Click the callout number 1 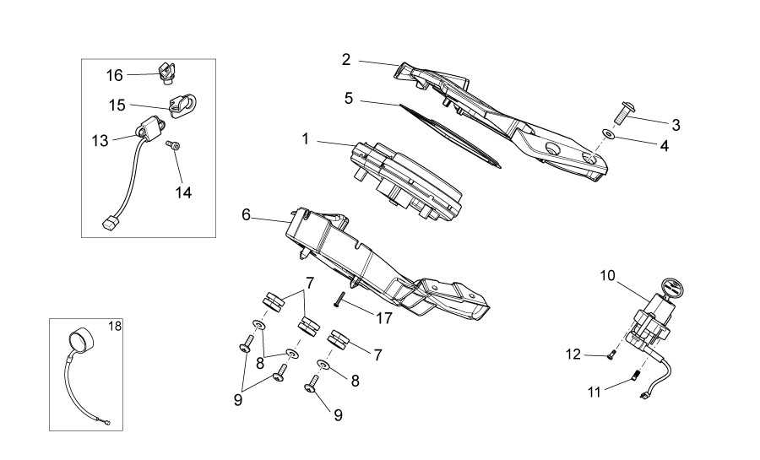306,138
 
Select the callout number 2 346,59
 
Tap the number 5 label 349,99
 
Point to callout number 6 247,214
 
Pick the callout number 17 384,317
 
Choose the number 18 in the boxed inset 115,325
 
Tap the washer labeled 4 609,133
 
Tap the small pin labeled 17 338,300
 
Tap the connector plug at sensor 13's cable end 109,225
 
